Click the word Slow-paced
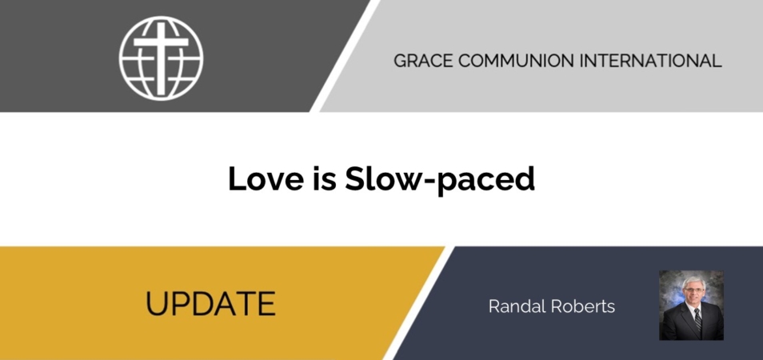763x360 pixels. [440, 180]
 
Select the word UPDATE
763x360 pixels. [210, 303]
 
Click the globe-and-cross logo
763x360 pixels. [161, 58]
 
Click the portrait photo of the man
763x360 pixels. [691, 305]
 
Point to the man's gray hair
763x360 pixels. [693, 281]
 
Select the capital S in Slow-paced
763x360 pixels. [355, 178]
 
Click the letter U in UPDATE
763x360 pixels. [156, 303]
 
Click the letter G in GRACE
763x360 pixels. [400, 61]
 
